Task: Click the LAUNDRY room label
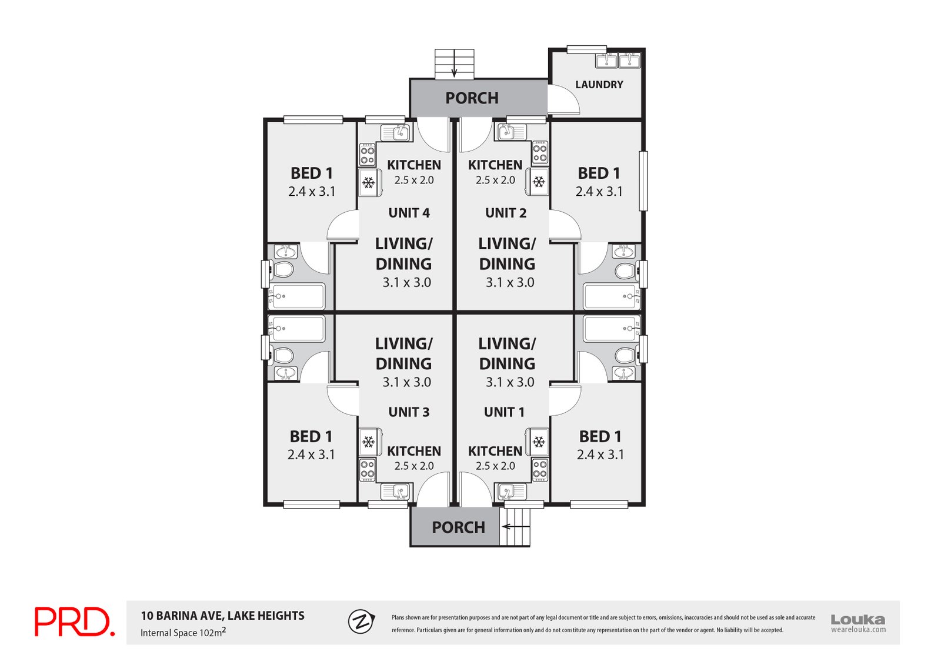(599, 85)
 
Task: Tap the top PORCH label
(472, 98)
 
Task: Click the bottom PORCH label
(458, 527)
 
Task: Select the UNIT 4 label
(409, 213)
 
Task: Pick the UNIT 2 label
(506, 213)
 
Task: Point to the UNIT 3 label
(409, 412)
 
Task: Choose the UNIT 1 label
(504, 412)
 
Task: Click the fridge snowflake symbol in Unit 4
(369, 183)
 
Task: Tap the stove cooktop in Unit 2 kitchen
(540, 152)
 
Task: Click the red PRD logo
(74, 622)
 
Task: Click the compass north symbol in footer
(361, 621)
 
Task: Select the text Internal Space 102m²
(183, 633)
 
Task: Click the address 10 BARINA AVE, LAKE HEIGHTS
(222, 616)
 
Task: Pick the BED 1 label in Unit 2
(599, 173)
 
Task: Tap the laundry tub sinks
(618, 61)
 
